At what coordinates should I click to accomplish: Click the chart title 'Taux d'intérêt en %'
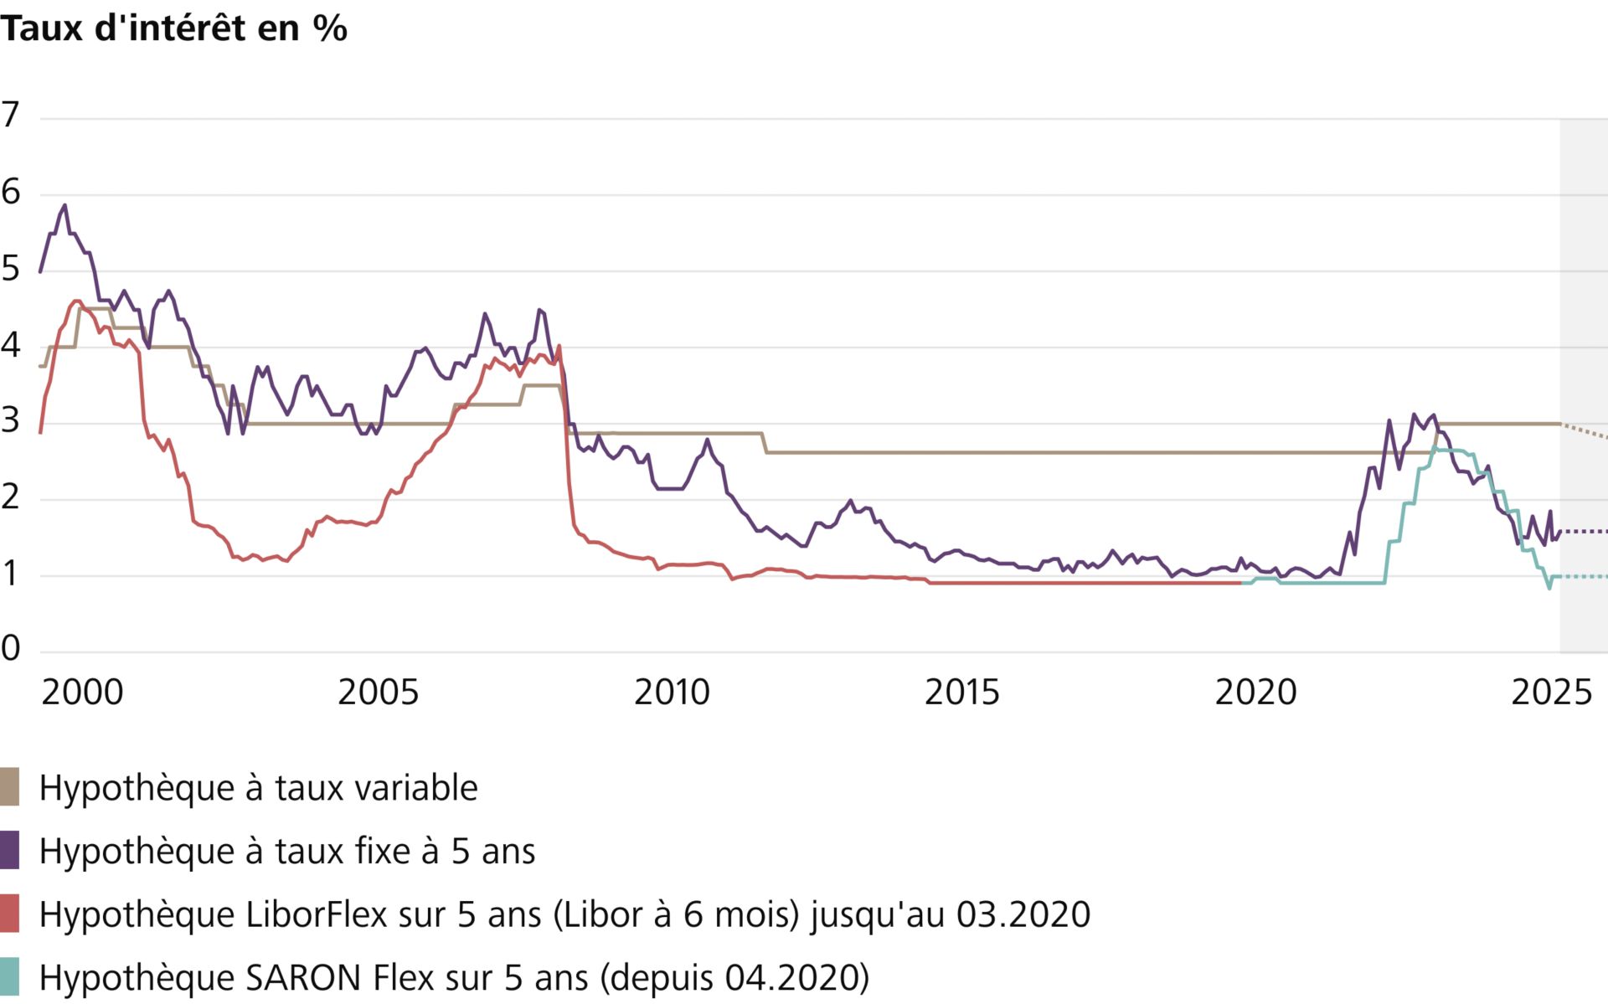(x=173, y=28)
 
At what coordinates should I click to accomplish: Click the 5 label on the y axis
(x=10, y=269)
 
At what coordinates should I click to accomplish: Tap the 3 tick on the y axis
(x=10, y=421)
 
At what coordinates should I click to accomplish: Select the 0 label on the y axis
(x=10, y=648)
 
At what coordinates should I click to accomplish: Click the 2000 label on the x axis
(x=82, y=693)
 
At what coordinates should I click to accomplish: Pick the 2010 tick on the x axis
(x=672, y=693)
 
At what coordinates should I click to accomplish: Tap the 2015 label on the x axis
(x=961, y=693)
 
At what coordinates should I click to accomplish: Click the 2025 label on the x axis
(x=1551, y=693)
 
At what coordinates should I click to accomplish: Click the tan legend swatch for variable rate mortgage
(x=9, y=787)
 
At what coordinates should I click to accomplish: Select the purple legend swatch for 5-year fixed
(x=9, y=851)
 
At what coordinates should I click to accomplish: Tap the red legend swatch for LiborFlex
(x=9, y=914)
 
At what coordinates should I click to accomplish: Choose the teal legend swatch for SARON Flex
(x=9, y=977)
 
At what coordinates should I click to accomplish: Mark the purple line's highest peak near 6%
(x=64, y=205)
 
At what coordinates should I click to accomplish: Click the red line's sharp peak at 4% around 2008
(x=559, y=346)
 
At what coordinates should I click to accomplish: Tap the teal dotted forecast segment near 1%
(x=1583, y=576)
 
